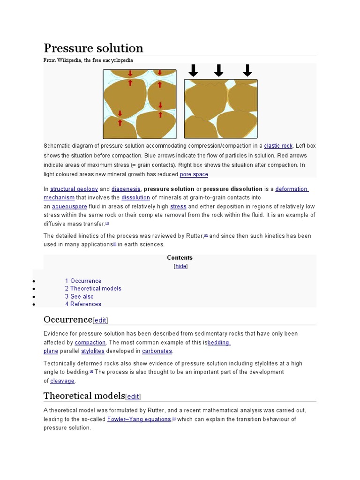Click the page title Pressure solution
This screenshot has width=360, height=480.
(x=93, y=48)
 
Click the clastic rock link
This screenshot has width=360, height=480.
(x=278, y=146)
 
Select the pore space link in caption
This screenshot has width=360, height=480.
(x=194, y=174)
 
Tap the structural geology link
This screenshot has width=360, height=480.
(x=74, y=189)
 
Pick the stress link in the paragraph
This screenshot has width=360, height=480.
(x=178, y=206)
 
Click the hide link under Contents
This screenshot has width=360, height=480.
(x=180, y=266)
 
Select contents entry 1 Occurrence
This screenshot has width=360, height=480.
(x=83, y=281)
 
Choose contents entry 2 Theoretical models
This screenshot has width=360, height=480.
(x=93, y=288)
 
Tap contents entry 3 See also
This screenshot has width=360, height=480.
(x=79, y=296)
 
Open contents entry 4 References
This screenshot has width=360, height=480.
(x=83, y=304)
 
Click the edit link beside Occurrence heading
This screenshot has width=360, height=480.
(x=100, y=320)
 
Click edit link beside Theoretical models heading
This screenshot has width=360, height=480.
(x=133, y=397)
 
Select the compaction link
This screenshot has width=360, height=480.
(x=90, y=342)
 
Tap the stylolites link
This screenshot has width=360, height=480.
(x=92, y=351)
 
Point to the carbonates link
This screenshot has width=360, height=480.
(x=157, y=351)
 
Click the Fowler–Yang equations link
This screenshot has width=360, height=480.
(x=139, y=419)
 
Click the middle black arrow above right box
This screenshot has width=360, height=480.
(x=218, y=70)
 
